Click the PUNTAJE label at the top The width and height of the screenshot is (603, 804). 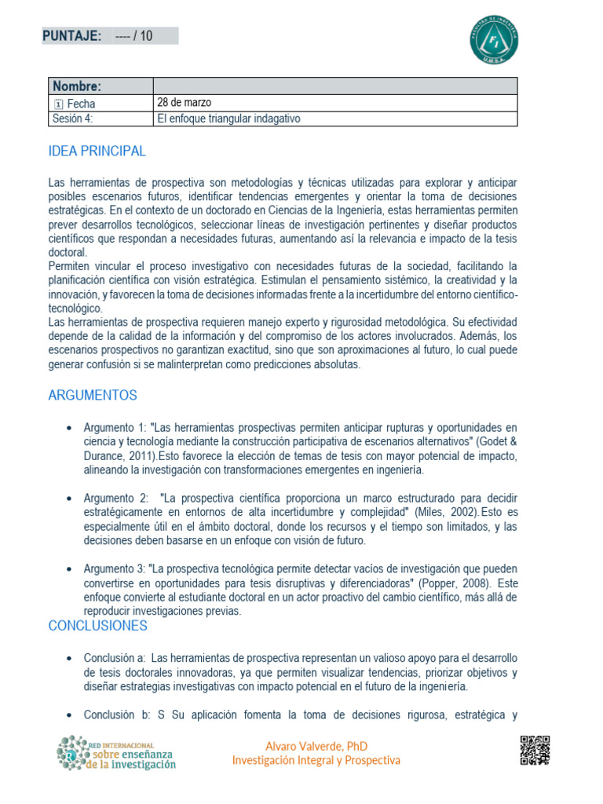click(x=71, y=35)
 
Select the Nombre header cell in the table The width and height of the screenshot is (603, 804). click(x=76, y=86)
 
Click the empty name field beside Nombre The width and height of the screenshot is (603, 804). click(x=334, y=86)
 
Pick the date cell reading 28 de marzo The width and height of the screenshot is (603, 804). click(x=185, y=103)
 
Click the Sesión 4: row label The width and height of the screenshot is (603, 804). click(x=73, y=119)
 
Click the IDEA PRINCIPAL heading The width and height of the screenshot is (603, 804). click(x=97, y=152)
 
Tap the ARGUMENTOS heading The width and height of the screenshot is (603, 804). click(x=93, y=396)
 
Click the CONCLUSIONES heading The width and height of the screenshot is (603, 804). click(x=97, y=626)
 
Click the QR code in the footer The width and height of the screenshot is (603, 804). click(x=535, y=751)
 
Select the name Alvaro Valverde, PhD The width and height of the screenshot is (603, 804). click(x=316, y=746)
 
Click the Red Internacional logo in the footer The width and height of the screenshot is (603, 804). click(x=116, y=753)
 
